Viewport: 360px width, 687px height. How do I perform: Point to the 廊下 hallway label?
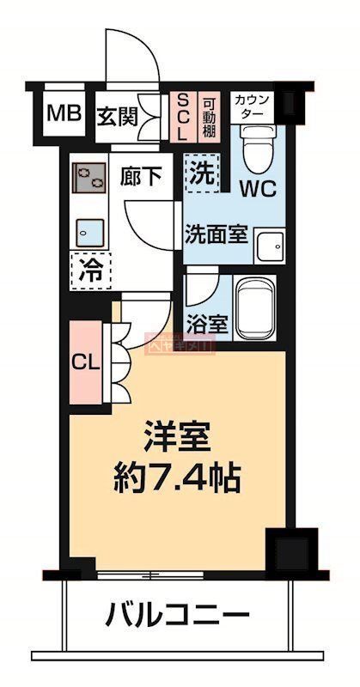point(141,177)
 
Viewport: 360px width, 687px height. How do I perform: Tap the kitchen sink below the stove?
point(89,231)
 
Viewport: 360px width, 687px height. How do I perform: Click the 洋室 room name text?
point(177,436)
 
